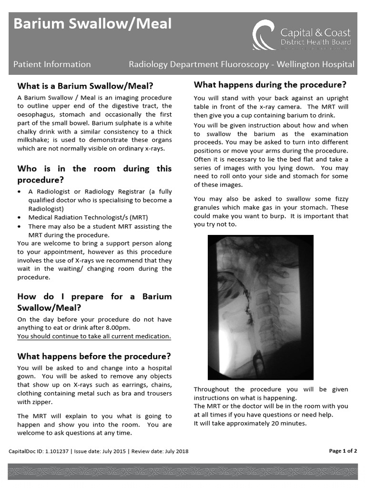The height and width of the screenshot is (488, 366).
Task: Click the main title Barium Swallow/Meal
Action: point(92,24)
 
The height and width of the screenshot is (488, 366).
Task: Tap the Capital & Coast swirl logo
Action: point(263,36)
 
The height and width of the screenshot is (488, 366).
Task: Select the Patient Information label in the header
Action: point(51,64)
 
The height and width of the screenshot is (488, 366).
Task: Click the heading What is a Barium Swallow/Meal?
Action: point(85,86)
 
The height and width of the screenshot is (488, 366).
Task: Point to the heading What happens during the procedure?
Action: point(270,85)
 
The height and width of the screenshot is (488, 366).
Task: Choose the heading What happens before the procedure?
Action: point(94,356)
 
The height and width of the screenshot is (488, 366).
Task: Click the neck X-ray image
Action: point(261,307)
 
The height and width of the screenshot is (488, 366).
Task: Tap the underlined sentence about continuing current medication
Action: point(94,336)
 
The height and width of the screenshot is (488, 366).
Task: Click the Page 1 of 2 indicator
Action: point(343,451)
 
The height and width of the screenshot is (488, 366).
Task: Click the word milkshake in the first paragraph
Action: point(35,140)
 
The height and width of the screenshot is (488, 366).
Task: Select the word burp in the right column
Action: point(279,216)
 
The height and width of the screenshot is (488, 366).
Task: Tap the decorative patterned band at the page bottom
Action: point(183,472)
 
